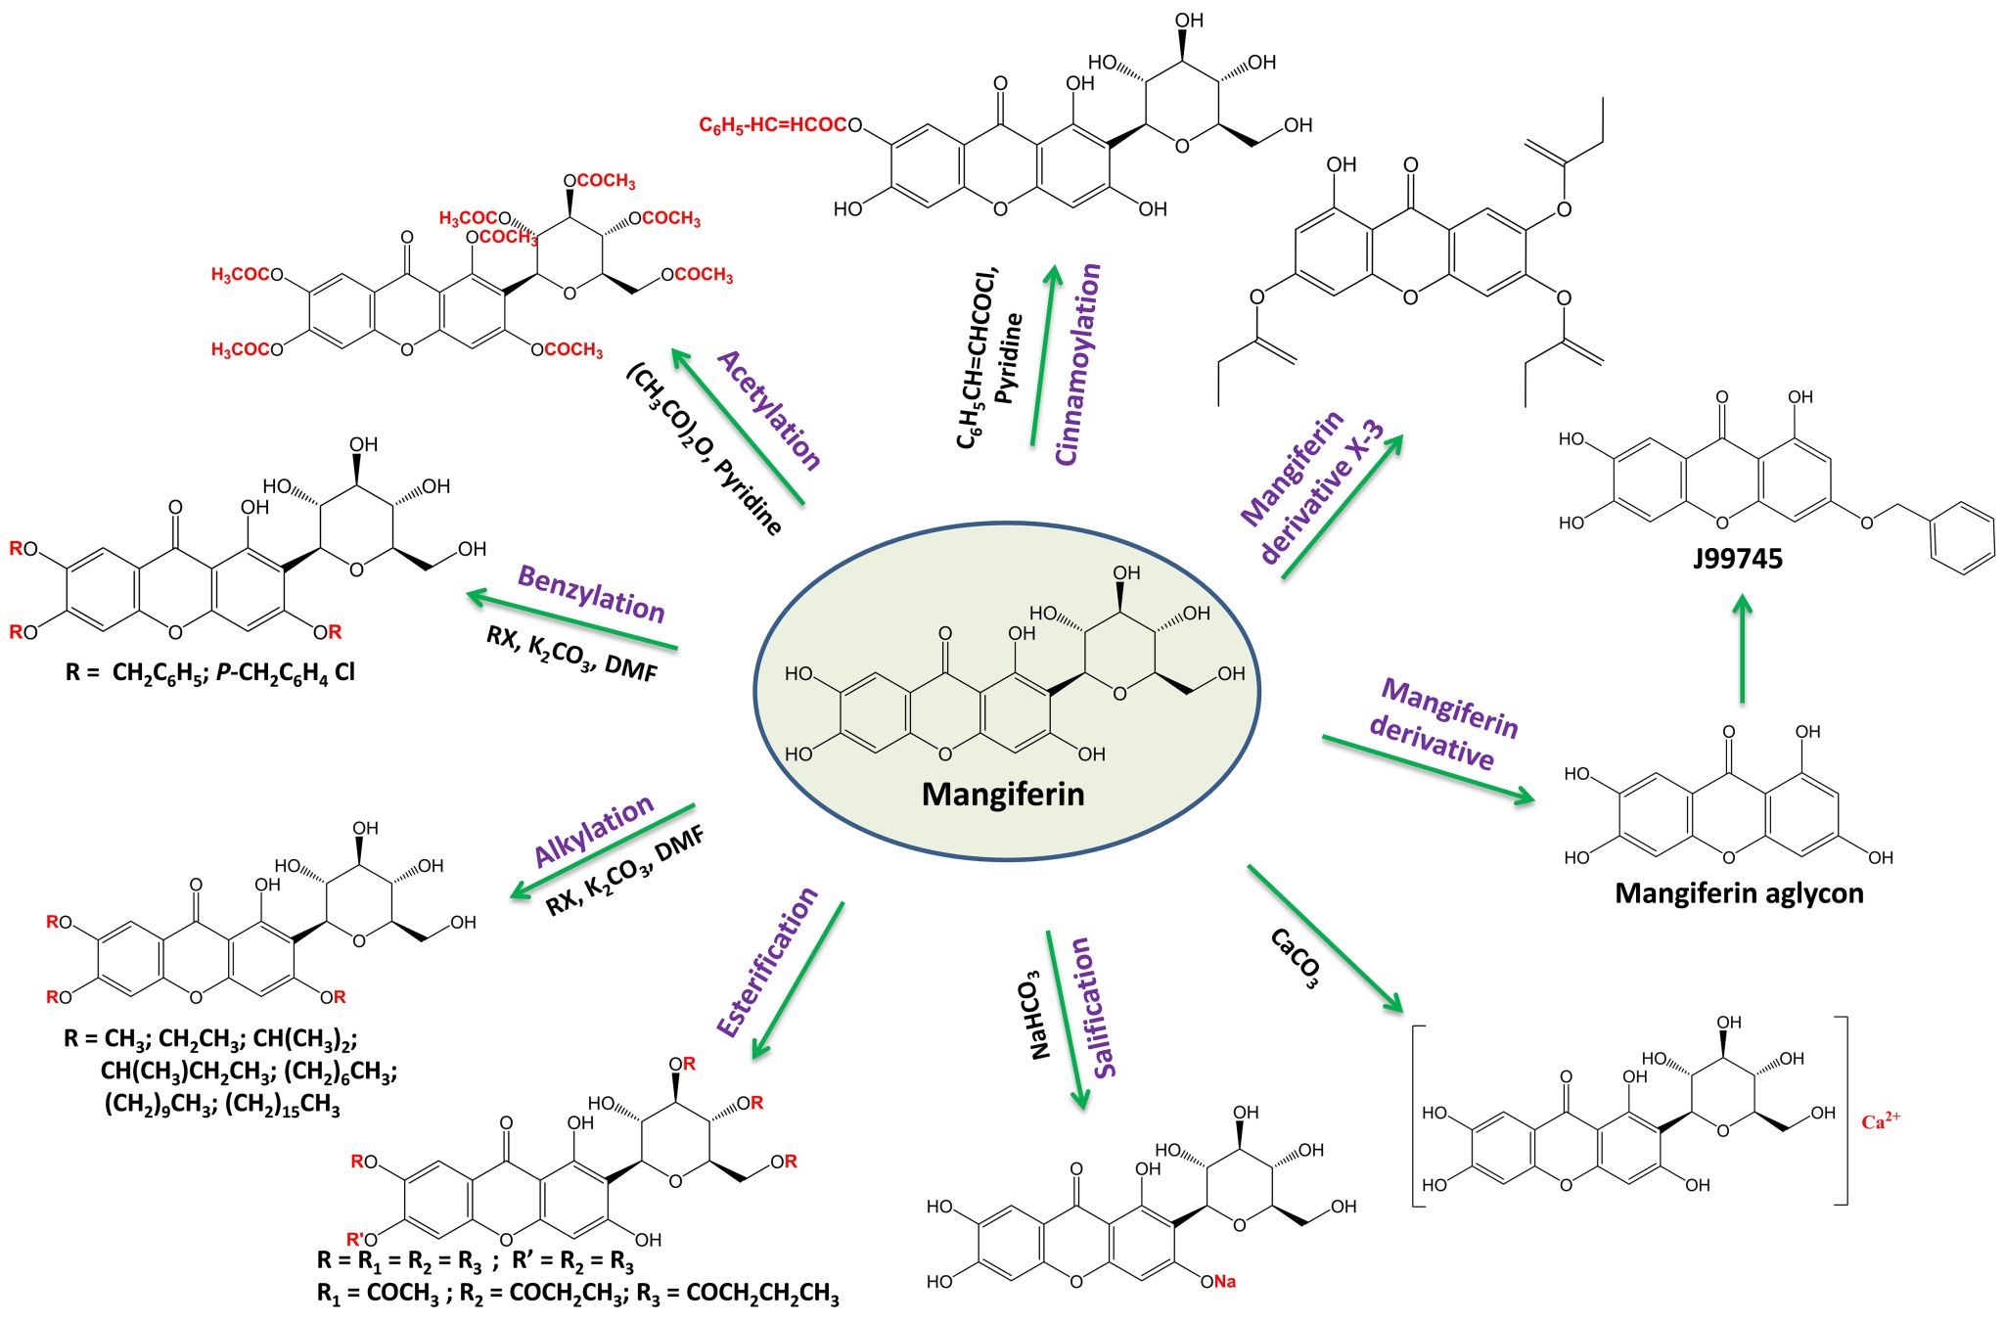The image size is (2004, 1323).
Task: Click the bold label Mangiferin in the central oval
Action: coord(1003,794)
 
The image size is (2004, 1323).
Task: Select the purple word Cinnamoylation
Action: coord(1078,364)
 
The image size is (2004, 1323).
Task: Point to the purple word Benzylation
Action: coord(591,593)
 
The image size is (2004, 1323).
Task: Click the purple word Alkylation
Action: coord(594,831)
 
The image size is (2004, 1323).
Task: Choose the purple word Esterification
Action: coord(767,962)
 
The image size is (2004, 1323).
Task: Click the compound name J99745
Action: coord(1738,559)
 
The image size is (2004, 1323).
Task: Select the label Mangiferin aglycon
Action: coord(1739,893)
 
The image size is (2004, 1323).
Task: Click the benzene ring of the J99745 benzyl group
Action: coord(1962,537)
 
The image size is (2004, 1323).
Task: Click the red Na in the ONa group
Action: coord(1225,1282)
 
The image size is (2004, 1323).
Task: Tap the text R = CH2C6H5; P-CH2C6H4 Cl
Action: coord(210,672)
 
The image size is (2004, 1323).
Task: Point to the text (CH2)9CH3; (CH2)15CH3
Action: coord(222,1105)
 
